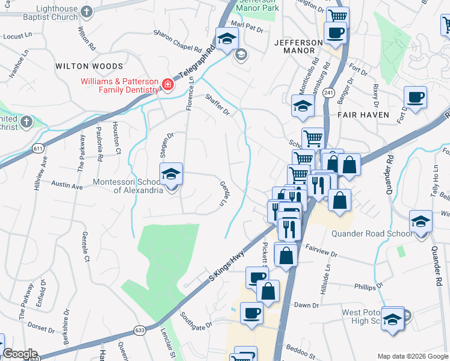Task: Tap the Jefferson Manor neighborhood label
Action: [298, 48]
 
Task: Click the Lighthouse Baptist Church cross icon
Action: [87, 11]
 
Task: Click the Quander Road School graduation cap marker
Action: [421, 221]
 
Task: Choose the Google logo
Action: [20, 354]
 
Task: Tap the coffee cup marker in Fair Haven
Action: [415, 97]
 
